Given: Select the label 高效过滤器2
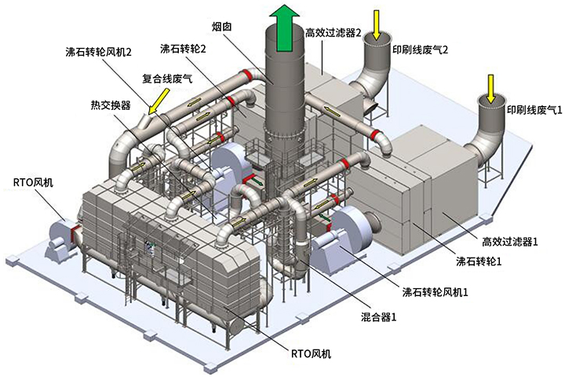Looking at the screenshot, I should point(333,32).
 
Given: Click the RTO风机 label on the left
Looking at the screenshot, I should point(32,184).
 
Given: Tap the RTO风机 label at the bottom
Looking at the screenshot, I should point(310,354).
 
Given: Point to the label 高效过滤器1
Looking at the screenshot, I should point(509,242).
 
